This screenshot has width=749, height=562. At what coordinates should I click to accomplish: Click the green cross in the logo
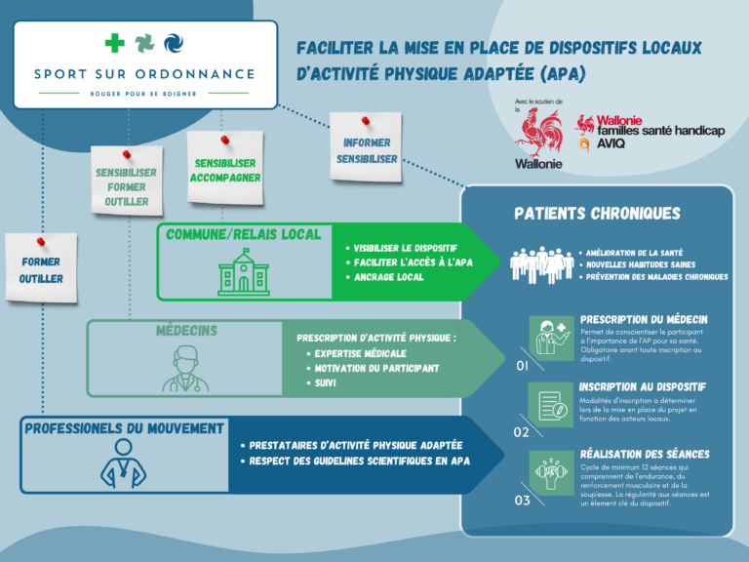click(x=114, y=43)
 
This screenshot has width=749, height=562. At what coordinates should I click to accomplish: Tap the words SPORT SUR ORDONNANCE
click(x=143, y=74)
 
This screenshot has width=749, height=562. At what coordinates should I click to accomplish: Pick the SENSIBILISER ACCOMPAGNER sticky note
click(x=225, y=169)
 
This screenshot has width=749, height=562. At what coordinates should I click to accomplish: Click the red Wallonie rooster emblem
click(x=538, y=133)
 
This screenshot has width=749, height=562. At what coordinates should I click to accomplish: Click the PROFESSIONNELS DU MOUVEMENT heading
click(x=125, y=428)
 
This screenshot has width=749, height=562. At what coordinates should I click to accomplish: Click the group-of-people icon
click(x=541, y=263)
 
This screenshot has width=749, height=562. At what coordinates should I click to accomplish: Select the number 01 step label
click(x=522, y=367)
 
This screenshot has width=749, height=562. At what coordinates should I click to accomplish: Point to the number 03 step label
click(x=522, y=501)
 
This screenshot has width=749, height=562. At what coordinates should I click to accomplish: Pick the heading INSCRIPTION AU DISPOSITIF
click(x=642, y=386)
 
